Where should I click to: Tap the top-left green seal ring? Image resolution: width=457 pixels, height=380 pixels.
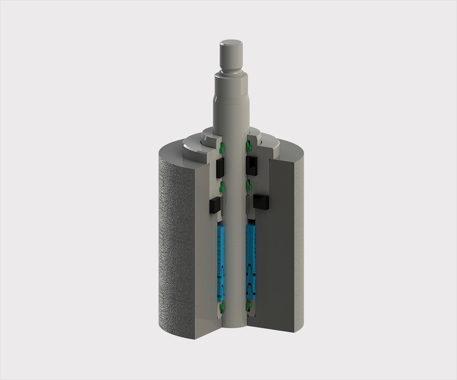tap(222, 147)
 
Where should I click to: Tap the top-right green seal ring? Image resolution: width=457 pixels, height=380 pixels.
tap(249, 146)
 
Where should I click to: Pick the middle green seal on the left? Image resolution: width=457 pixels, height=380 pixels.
tap(222, 186)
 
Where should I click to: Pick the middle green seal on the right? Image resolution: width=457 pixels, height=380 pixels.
tap(249, 185)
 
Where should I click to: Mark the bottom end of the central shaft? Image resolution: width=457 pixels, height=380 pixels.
tap(235, 325)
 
